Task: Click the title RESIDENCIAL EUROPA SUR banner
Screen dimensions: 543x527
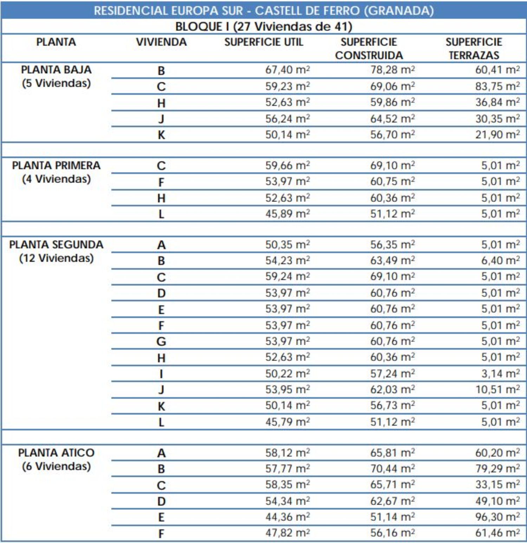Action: [263, 11]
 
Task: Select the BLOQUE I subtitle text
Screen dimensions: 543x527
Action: [263, 26]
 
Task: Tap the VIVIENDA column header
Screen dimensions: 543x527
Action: [161, 42]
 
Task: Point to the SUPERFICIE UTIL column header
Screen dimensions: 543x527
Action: [263, 42]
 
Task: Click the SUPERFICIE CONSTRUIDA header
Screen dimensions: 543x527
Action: [369, 49]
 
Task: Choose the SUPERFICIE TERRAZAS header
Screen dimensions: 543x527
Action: [474, 49]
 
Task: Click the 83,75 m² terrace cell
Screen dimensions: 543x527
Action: [497, 86]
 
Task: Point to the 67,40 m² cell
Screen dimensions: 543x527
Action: [287, 70]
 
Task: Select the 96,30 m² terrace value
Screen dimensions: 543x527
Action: [497, 517]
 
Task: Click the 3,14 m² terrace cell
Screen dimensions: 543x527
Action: [500, 373]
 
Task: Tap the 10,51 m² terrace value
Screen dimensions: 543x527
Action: [497, 389]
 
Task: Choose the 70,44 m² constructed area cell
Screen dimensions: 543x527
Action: [392, 468]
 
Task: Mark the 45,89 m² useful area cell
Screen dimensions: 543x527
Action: [287, 214]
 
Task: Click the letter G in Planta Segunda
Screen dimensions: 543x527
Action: [161, 341]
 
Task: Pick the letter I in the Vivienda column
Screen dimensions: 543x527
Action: [161, 374]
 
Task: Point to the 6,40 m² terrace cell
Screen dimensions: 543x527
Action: [500, 260]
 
